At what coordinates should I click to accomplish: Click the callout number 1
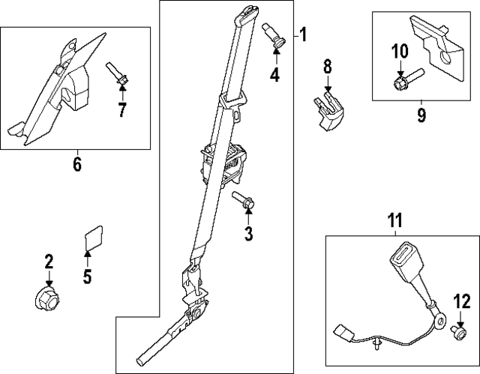303,34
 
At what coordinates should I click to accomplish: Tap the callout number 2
49,262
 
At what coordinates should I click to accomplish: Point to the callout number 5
87,277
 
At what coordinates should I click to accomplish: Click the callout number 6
77,164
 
